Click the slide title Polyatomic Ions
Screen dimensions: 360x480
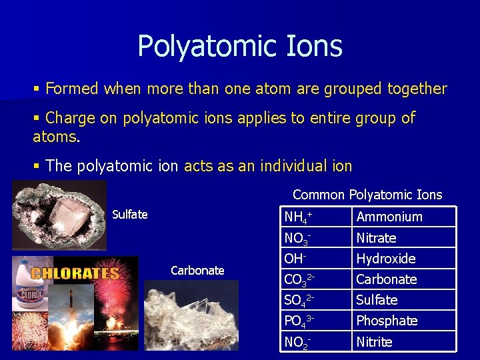240,47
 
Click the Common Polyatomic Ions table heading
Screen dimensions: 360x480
367,195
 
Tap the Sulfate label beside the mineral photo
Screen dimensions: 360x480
130,215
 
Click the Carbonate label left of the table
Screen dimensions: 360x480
197,271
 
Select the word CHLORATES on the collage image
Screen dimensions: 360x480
75,273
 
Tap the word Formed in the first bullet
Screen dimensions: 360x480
72,89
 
